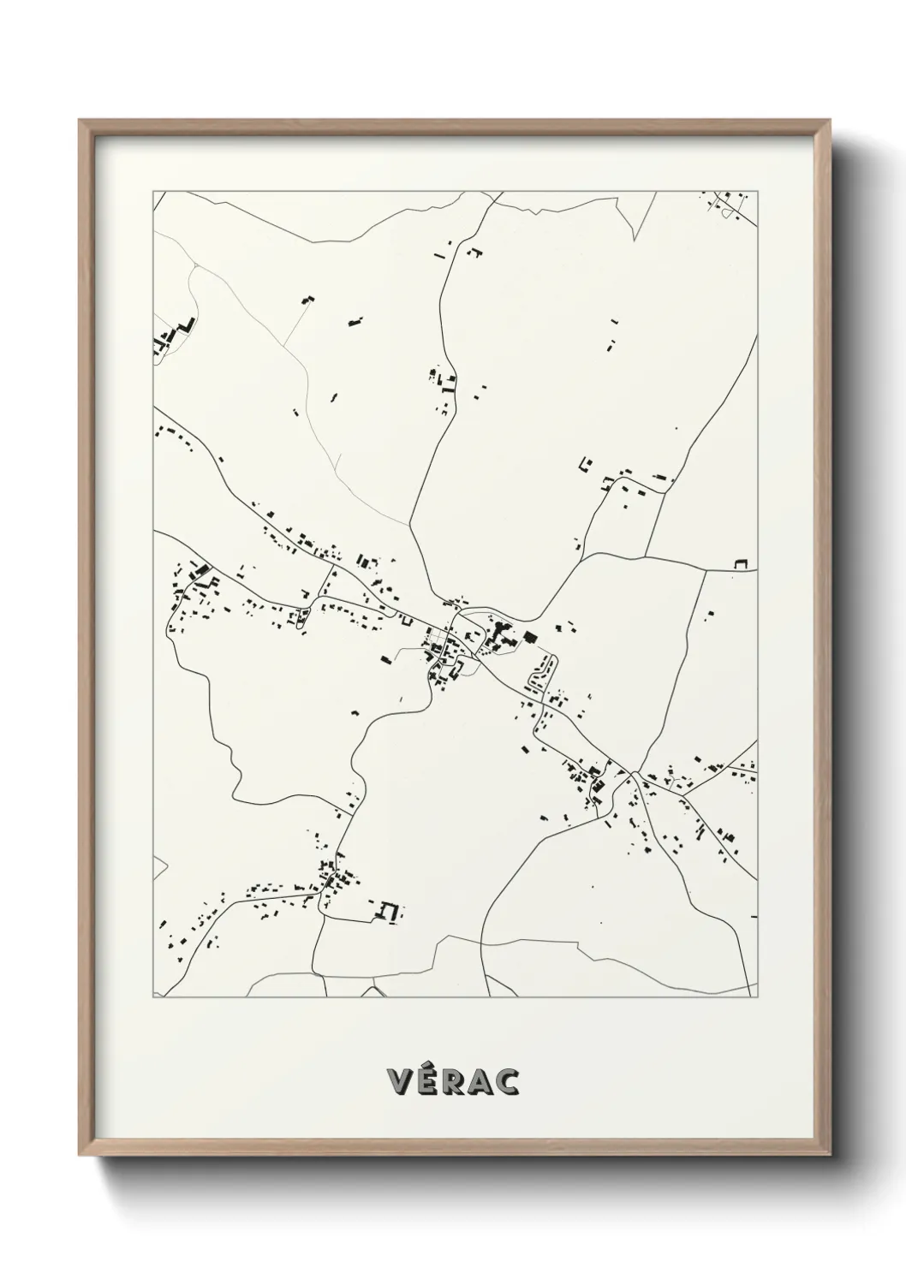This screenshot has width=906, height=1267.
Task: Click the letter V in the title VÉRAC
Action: [402, 1082]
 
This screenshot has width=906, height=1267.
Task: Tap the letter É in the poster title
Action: [429, 1082]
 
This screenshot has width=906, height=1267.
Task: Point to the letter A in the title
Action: [481, 1082]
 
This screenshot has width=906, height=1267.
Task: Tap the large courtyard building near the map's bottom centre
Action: [390, 912]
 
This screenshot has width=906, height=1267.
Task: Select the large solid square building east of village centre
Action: [528, 637]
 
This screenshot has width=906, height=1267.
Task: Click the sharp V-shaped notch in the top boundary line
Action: [635, 239]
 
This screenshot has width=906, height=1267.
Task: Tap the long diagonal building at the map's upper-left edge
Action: [183, 328]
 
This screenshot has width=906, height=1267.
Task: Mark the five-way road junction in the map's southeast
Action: [635, 772]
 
